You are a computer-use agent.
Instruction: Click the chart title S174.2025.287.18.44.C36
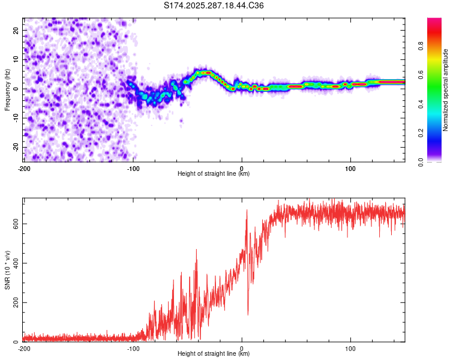click(x=214, y=5)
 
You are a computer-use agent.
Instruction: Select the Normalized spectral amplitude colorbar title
click(x=445, y=90)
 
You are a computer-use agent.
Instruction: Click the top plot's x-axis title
click(x=214, y=173)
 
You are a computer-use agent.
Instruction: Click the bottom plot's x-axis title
click(x=214, y=353)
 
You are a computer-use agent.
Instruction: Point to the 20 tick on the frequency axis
click(x=16, y=30)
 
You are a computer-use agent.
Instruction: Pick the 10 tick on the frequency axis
click(x=16, y=59)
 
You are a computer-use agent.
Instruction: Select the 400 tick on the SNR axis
click(x=14, y=263)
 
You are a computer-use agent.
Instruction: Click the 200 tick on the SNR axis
click(x=14, y=302)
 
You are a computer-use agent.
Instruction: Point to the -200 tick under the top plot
click(x=24, y=168)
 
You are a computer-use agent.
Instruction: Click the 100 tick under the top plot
click(x=350, y=168)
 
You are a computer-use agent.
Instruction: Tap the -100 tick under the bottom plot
click(x=133, y=348)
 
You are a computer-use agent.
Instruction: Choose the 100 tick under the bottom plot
click(x=350, y=348)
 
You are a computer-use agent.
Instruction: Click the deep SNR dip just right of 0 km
click(x=248, y=313)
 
